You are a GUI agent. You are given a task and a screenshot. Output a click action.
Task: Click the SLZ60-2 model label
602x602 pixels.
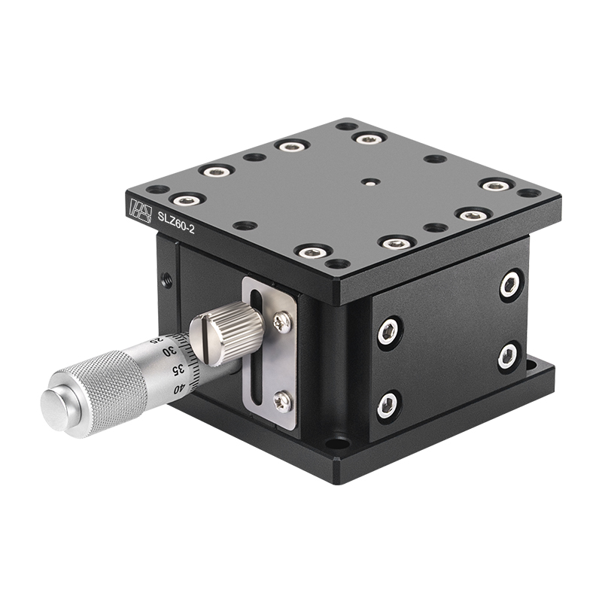[x=176, y=222]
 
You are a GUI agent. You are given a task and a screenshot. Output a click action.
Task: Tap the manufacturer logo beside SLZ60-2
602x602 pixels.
[x=141, y=210]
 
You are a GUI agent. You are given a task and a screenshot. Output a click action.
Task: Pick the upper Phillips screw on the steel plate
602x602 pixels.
[x=283, y=321]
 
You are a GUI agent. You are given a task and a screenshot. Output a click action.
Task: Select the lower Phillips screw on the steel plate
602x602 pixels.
[x=284, y=403]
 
